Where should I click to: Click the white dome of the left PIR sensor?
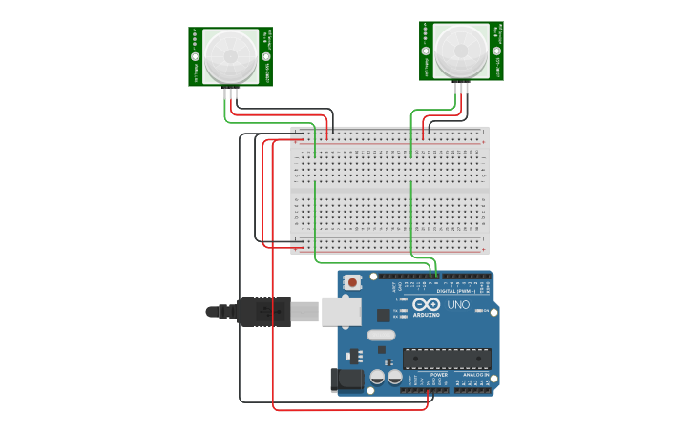click(230, 55)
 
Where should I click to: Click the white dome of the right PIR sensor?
click(461, 50)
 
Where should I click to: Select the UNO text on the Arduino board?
click(460, 305)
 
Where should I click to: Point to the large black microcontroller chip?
click(447, 359)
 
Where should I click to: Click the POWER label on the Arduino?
click(438, 375)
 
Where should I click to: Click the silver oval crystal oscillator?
click(380, 335)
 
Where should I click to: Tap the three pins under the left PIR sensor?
click(230, 93)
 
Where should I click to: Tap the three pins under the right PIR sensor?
click(462, 88)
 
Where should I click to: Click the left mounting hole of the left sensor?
click(196, 55)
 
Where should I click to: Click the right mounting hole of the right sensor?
click(495, 50)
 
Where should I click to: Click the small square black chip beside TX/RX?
click(384, 314)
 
